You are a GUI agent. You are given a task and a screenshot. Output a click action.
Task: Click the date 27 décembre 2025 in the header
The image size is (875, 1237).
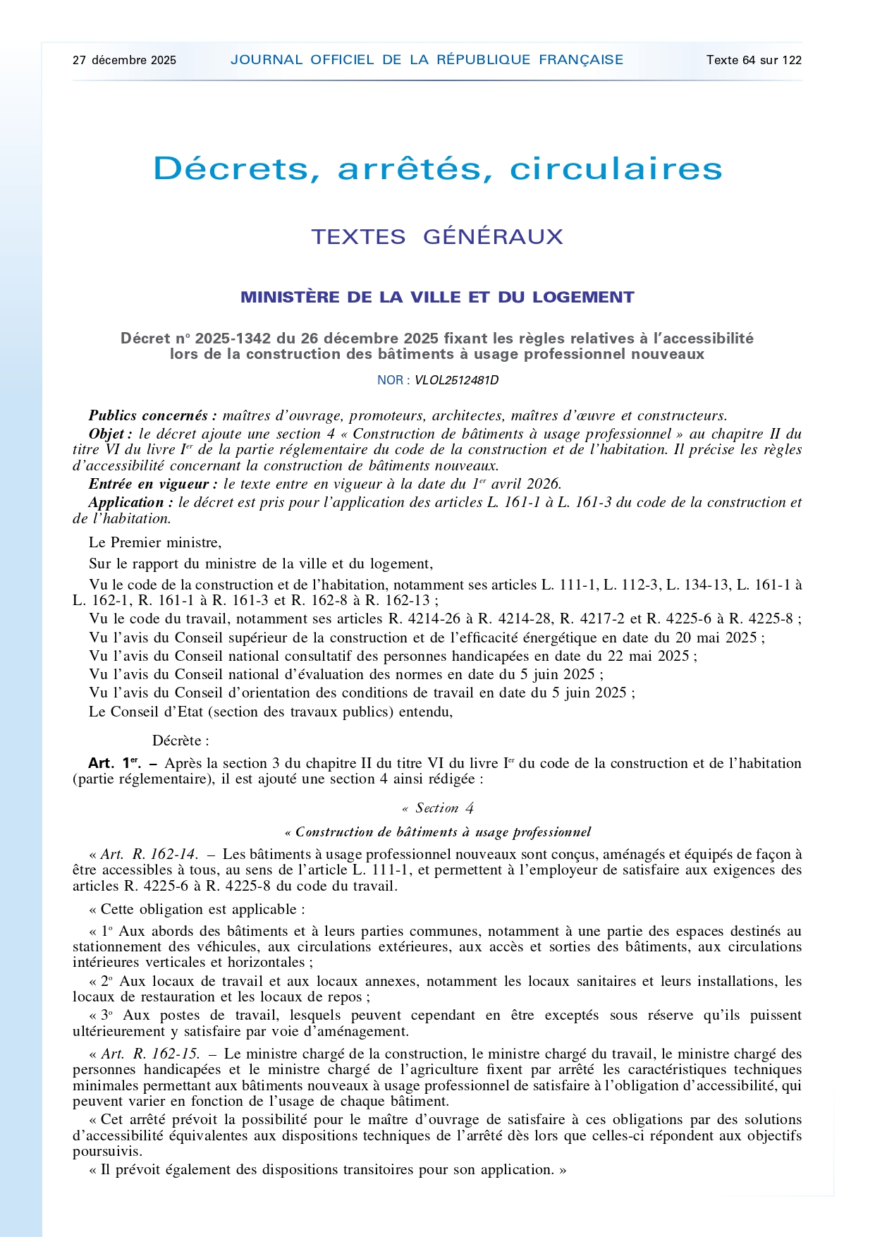[124, 60]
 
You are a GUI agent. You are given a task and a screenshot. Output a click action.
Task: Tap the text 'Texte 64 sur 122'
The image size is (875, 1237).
[754, 60]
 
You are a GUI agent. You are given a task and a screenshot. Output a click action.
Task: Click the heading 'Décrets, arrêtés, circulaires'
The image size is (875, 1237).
[437, 169]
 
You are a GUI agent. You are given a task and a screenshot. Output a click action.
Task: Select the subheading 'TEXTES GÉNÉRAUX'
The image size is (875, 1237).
[437, 236]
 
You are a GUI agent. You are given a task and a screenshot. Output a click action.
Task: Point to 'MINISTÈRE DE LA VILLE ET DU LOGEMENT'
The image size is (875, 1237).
[437, 297]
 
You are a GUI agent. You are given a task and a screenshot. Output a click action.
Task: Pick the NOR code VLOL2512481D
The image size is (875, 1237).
[456, 380]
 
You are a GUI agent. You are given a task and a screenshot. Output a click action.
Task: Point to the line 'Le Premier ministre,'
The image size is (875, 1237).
[155, 542]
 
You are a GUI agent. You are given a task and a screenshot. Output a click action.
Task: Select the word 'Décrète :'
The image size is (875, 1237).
[180, 741]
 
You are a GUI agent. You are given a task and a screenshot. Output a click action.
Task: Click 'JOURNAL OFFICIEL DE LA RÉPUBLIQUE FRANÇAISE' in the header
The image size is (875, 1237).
[427, 60]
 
